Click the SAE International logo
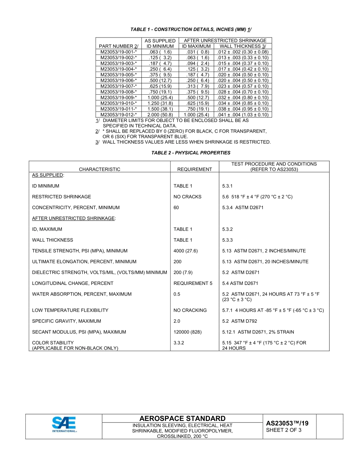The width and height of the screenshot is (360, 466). (x=64, y=424)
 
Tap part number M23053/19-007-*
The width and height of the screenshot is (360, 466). (x=118, y=86)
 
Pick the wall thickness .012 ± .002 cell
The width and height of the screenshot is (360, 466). (x=243, y=52)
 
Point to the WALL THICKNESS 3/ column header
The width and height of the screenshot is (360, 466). (x=243, y=46)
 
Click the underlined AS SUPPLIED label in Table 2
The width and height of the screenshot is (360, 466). (x=48, y=175)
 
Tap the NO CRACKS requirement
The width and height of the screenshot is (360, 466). (x=187, y=197)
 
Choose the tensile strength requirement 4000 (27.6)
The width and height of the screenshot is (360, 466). (x=186, y=251)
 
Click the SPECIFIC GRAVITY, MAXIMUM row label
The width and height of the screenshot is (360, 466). (x=66, y=321)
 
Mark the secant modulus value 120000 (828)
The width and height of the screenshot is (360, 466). (x=188, y=332)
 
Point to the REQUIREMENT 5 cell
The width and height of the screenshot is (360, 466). (x=193, y=283)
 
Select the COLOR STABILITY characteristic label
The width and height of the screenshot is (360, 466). (x=53, y=342)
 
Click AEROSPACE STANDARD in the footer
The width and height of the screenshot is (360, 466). (x=182, y=418)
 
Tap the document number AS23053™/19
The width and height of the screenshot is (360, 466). (x=287, y=423)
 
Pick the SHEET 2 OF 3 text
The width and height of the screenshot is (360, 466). (x=284, y=430)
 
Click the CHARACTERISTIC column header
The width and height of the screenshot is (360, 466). (x=99, y=169)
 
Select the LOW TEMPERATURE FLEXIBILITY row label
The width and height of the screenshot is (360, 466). (x=70, y=310)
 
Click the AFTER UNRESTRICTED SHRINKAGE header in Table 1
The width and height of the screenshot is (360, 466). (x=225, y=41)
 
